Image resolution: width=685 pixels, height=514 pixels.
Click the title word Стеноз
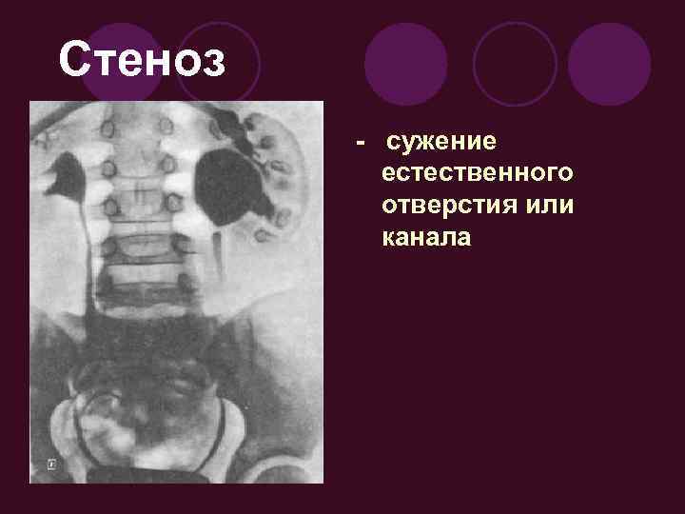click(143, 60)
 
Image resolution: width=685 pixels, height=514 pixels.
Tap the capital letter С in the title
click(74, 60)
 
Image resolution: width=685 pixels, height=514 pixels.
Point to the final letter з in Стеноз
click(214, 62)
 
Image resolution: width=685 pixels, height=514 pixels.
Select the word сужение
click(440, 144)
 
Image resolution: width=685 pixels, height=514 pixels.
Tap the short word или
click(547, 206)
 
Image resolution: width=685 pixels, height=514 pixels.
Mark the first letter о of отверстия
click(387, 207)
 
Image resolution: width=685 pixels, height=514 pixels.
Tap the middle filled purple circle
click(406, 64)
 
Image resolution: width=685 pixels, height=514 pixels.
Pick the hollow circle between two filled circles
click(515, 64)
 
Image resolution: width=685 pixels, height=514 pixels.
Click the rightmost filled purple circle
click(610, 64)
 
